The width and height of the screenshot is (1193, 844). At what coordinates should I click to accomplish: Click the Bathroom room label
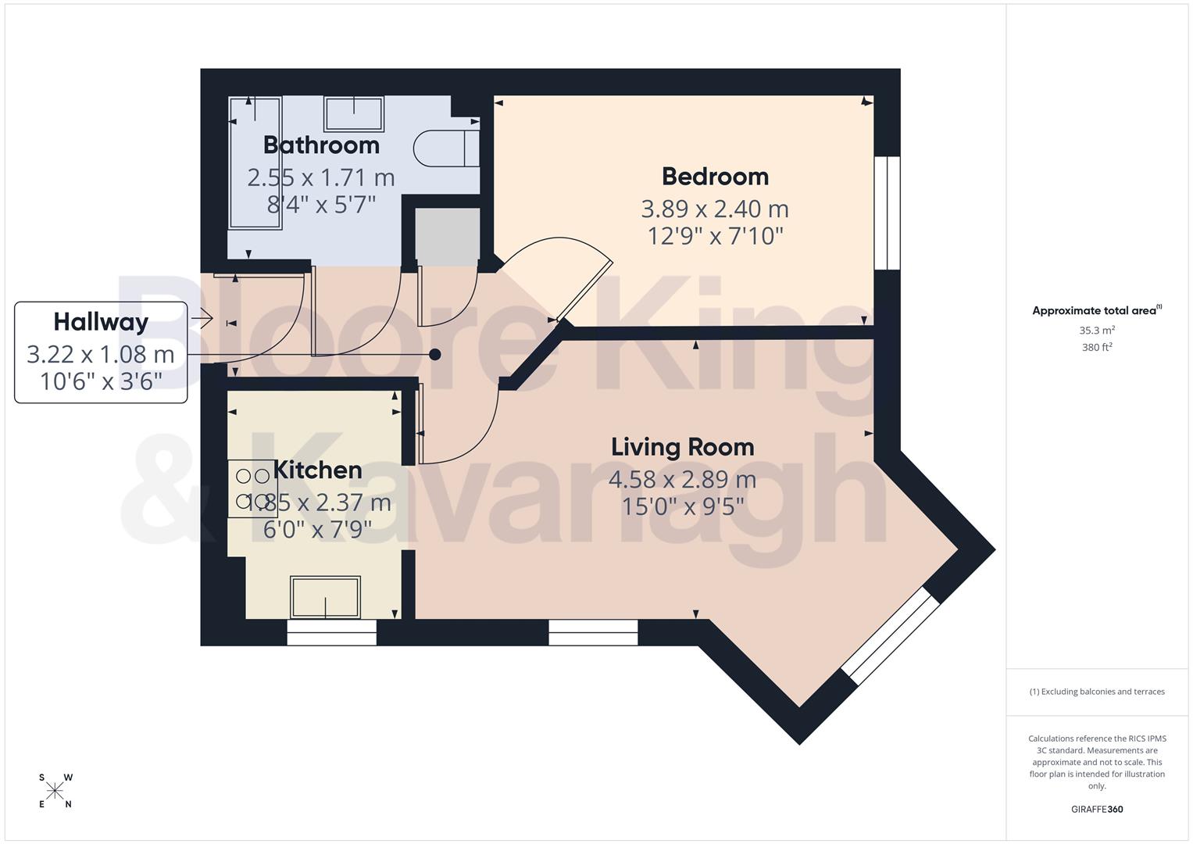click(x=321, y=145)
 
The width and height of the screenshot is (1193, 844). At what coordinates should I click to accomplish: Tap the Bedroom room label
click(x=715, y=177)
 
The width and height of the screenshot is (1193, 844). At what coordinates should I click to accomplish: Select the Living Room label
click(x=682, y=447)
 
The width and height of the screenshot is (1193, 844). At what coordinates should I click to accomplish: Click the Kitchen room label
click(x=318, y=470)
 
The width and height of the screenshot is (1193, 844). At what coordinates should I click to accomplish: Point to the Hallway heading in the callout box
click(x=101, y=322)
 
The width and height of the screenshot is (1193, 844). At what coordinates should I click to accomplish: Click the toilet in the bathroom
click(x=445, y=148)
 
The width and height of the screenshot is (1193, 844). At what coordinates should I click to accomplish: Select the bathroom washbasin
click(x=354, y=114)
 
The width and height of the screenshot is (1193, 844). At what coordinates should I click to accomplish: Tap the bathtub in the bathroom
click(x=255, y=163)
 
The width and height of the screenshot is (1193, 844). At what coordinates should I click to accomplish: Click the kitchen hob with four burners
click(x=252, y=488)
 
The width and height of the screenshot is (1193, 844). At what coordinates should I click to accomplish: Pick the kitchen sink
click(x=325, y=597)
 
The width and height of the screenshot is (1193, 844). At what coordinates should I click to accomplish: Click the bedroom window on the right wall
click(x=887, y=213)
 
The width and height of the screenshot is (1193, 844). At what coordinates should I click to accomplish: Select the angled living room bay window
click(x=891, y=636)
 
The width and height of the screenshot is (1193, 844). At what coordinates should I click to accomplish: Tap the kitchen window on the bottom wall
click(x=331, y=633)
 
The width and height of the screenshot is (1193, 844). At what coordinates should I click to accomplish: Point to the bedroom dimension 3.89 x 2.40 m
click(x=715, y=209)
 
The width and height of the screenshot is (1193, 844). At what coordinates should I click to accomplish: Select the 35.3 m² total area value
click(x=1097, y=331)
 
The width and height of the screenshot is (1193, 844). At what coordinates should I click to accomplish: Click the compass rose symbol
click(x=55, y=791)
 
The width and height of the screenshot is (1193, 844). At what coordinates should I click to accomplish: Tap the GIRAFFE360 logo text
click(x=1097, y=810)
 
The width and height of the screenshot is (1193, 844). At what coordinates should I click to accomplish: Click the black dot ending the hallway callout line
click(x=435, y=355)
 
